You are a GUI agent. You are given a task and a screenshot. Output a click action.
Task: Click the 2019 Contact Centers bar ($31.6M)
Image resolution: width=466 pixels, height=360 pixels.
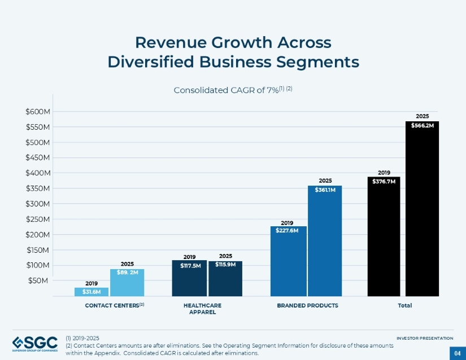tap(92, 292)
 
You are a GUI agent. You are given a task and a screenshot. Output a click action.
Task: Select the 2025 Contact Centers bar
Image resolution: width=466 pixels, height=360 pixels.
tap(127, 282)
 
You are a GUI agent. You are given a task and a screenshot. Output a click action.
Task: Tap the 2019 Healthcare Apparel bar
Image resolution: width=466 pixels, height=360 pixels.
tap(189, 278)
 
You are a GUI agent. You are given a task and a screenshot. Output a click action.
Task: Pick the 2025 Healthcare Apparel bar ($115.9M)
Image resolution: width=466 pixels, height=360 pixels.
tap(225, 278)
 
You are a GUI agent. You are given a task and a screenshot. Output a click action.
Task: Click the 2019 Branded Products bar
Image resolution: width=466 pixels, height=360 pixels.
tap(289, 261)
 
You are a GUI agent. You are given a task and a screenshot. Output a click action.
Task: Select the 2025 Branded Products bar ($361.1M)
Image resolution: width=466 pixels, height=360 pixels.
tap(325, 240)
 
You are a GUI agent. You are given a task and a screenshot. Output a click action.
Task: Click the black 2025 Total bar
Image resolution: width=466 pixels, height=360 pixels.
tap(422, 209)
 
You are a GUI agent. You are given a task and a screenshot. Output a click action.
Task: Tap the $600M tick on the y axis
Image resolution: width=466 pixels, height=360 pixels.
tap(38, 112)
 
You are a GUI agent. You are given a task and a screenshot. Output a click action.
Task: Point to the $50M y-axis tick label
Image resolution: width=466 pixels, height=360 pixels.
tap(40, 280)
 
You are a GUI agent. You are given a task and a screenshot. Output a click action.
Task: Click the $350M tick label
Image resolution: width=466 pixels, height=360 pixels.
tap(38, 188)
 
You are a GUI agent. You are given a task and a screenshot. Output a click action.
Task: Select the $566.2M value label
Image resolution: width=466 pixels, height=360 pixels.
tap(422, 126)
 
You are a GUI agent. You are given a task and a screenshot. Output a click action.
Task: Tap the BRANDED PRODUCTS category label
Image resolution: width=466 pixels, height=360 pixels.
tap(307, 305)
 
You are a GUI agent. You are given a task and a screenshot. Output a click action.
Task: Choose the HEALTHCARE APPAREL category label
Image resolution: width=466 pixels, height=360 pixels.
tap(202, 308)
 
